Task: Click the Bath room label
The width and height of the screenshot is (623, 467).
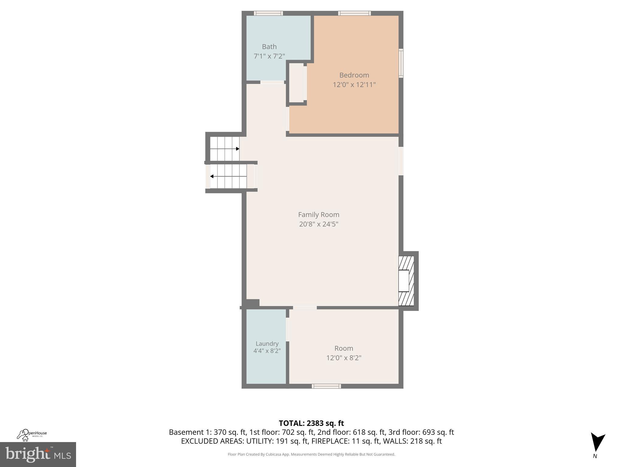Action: click(x=269, y=47)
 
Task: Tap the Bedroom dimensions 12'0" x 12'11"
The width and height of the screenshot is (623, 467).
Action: click(x=354, y=85)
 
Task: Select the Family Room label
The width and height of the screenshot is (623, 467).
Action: click(x=318, y=215)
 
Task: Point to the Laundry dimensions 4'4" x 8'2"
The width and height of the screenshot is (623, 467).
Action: click(x=267, y=351)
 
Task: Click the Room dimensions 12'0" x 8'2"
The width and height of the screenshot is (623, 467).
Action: click(x=344, y=358)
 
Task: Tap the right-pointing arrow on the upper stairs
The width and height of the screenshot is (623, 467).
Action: click(x=238, y=149)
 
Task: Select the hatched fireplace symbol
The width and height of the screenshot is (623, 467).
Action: click(x=406, y=281)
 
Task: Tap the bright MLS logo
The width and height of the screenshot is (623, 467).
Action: click(x=38, y=454)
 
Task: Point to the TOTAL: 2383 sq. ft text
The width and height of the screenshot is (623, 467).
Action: click(x=311, y=423)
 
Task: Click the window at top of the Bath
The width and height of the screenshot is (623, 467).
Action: click(x=268, y=13)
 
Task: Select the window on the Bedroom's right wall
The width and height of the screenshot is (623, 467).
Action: click(x=401, y=63)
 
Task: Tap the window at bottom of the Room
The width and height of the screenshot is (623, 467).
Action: click(x=326, y=386)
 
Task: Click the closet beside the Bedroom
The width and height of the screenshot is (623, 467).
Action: click(x=296, y=83)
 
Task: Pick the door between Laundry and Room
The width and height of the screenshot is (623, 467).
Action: click(x=287, y=329)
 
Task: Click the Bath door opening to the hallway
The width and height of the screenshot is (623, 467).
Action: click(x=272, y=82)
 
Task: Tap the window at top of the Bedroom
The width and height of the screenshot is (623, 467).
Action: click(x=354, y=13)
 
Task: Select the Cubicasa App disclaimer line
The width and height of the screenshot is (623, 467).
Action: click(x=311, y=454)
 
